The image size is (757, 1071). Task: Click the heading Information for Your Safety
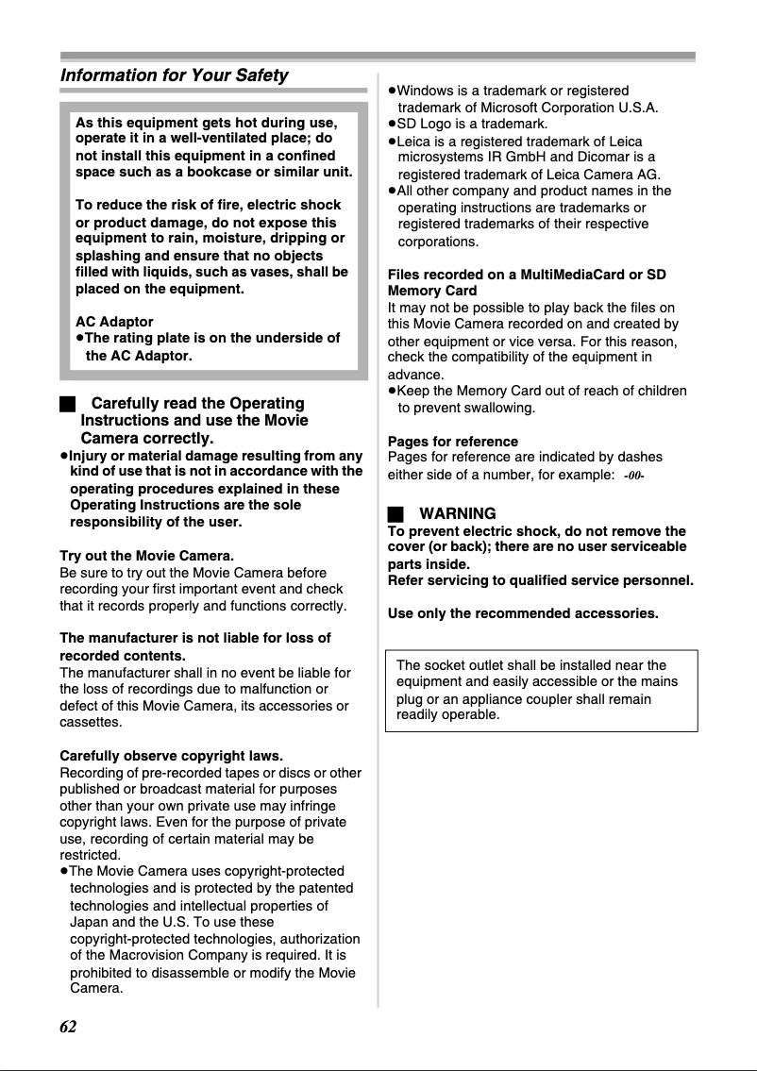tap(174, 75)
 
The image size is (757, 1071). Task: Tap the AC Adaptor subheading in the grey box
tap(113, 322)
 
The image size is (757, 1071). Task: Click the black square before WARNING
tap(395, 514)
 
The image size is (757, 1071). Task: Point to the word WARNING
tap(457, 514)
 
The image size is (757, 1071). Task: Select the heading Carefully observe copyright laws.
tap(171, 757)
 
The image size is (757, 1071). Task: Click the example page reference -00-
tap(633, 477)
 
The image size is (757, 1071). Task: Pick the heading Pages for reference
tap(452, 442)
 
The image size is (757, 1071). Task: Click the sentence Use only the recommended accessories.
tap(522, 614)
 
